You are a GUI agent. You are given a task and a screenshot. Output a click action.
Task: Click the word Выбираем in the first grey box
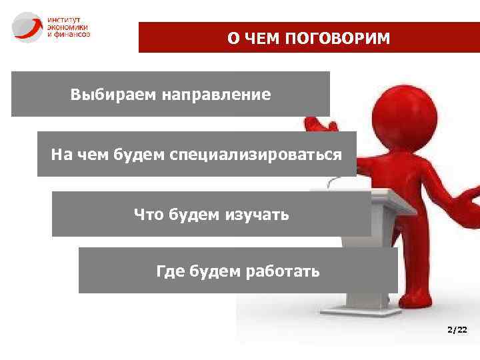[x=111, y=95]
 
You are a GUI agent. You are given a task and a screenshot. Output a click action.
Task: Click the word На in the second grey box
[x=61, y=155]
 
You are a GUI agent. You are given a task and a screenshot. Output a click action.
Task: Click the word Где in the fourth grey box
[x=171, y=271]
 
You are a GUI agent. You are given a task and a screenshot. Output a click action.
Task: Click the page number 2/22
[x=457, y=330]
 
